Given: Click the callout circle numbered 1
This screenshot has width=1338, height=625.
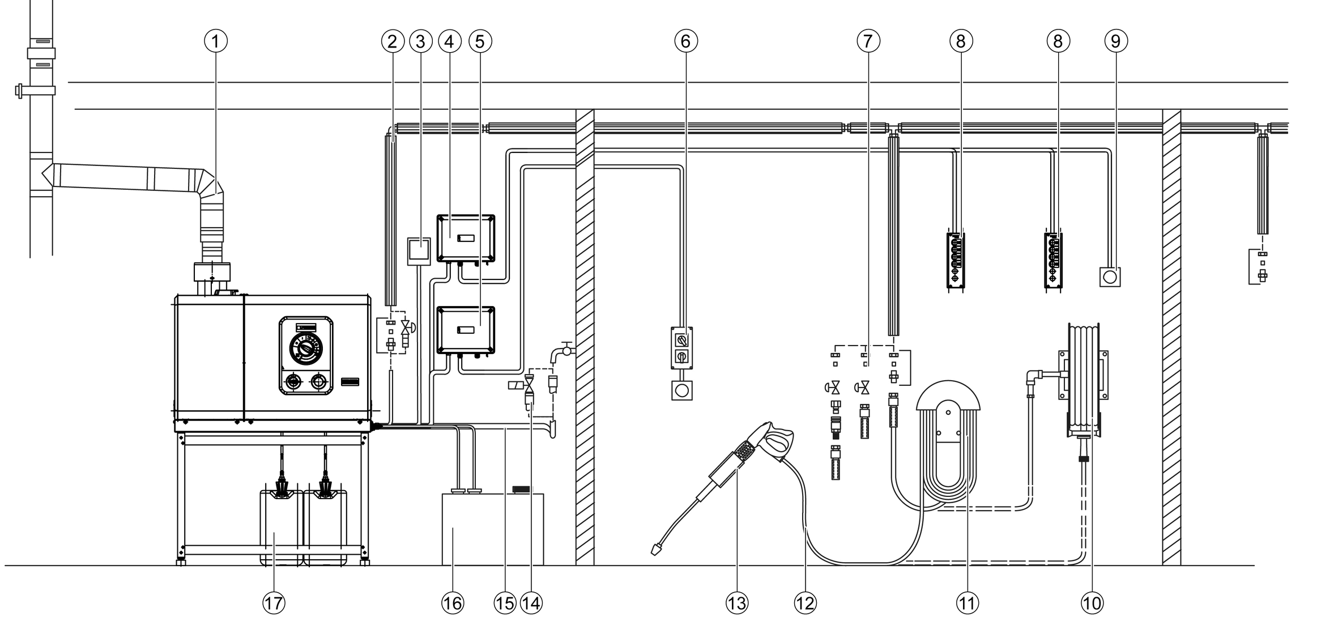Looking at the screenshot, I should coord(216,41).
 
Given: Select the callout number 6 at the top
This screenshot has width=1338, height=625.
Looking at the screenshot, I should coord(686,41).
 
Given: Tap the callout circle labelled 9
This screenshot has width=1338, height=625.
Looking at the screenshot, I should coord(1116,41).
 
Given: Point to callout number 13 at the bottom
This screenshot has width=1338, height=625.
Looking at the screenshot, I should coord(737,603).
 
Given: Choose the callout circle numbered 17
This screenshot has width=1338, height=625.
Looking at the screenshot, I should coord(274,603).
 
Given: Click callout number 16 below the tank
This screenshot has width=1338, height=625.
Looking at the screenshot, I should coord(453,603).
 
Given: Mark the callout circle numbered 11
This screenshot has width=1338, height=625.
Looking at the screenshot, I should coord(968,603).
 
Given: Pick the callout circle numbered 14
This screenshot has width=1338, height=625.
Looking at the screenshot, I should coord(531,603).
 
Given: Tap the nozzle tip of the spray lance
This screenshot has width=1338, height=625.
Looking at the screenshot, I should coord(657,549).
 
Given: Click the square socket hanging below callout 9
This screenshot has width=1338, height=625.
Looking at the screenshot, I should coord(1110,277).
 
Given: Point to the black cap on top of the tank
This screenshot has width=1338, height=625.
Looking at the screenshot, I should coord(521,489).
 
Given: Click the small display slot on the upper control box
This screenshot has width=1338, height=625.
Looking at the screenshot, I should coord(465,237).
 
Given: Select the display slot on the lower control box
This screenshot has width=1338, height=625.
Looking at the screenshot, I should coord(465,330).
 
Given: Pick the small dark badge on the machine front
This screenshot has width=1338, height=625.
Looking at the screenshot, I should coord(350,382).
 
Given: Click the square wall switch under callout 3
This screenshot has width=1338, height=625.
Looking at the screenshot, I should coord(419,251).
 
